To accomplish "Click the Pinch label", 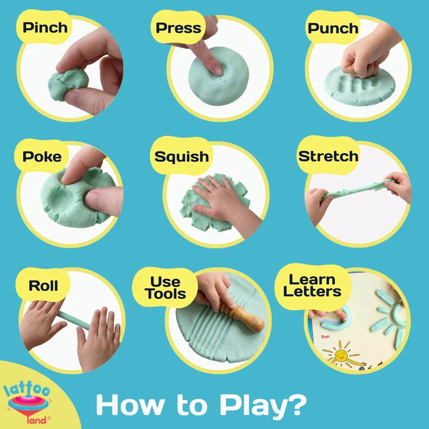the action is (45, 28).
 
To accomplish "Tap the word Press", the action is (178, 28).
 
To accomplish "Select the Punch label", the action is (333, 28).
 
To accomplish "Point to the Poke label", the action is (42, 157).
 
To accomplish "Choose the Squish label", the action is (182, 157).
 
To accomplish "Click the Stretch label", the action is (329, 156).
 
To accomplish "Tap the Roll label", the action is (43, 286).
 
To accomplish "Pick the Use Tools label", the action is (165, 288).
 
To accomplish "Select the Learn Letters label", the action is (312, 285).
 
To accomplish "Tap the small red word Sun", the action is (325, 336).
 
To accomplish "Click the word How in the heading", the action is (131, 405).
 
